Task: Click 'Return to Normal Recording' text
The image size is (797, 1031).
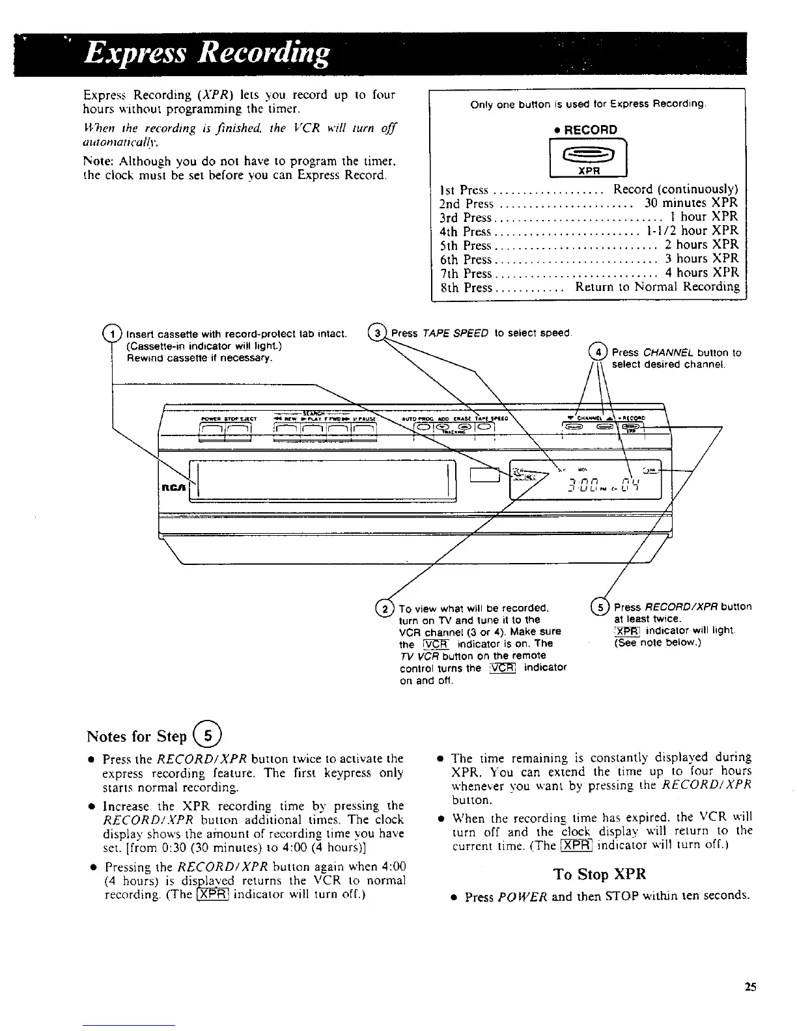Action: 657,287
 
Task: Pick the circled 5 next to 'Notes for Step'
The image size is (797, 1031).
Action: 208,736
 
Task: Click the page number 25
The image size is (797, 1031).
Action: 750,987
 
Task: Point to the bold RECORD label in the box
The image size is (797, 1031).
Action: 590,130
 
